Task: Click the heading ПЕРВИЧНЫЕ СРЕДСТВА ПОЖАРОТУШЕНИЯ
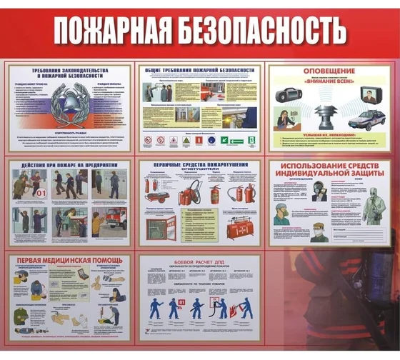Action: (x=199, y=165)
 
